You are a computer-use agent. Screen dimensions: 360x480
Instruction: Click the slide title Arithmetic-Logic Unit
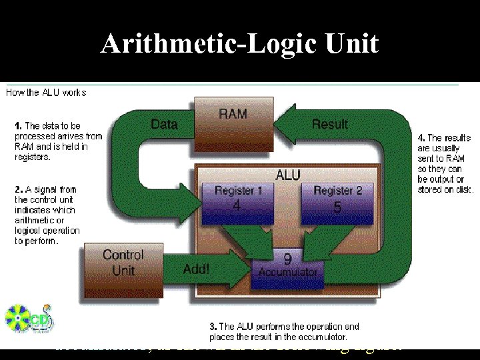239,45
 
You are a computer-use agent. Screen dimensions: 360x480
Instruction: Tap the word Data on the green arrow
164,124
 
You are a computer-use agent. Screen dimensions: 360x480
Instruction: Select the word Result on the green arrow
329,124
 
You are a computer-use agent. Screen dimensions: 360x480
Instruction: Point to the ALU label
287,175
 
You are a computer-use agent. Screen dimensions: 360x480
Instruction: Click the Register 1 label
234,191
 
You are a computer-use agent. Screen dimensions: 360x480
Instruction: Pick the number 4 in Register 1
236,206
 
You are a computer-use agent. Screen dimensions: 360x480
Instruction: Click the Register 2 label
338,191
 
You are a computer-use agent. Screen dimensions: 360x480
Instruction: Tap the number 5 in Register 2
337,207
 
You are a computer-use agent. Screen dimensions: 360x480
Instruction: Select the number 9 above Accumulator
287,258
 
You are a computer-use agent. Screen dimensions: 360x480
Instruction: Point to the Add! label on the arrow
196,269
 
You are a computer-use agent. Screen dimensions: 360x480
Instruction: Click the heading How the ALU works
46,93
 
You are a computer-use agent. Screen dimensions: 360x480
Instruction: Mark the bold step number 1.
18,125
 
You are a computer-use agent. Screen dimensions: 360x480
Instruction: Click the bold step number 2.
18,189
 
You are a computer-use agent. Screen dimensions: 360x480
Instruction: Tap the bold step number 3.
213,327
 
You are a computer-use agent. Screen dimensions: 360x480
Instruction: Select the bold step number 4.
420,137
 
